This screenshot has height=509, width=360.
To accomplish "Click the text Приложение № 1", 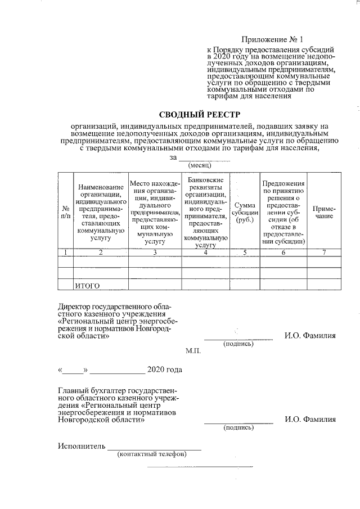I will pos(272,40).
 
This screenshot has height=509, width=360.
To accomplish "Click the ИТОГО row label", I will pos(88,286).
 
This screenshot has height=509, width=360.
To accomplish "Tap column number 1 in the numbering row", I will pos(66,252).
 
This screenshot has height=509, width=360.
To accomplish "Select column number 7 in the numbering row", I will pos(323,252).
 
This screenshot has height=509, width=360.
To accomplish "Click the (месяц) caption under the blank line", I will pos(199,166).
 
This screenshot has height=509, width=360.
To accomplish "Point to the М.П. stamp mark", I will pos(193,350).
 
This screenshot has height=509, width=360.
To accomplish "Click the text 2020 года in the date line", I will pos(164,370).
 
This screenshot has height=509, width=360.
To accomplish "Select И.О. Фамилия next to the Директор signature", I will pos(310,336).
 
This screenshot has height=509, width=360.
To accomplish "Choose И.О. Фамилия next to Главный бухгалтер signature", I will pos(310,419).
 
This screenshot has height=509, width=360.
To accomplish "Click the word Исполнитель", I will pos(82,447).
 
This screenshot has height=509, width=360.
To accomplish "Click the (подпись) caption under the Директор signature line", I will pos(238,344).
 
